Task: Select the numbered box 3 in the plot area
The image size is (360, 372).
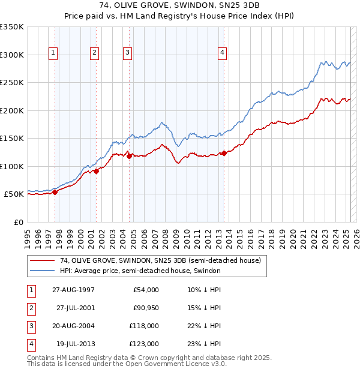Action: (x=128, y=53)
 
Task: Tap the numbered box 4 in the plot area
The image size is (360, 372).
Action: (x=222, y=53)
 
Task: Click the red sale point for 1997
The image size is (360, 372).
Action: (x=55, y=192)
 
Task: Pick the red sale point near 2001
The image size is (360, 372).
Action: (x=96, y=172)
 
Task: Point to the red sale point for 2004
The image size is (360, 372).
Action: (x=129, y=156)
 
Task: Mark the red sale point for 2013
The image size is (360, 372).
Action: (x=224, y=153)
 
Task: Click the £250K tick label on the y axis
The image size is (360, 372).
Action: (x=12, y=82)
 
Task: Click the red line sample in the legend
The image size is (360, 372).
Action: (x=42, y=261)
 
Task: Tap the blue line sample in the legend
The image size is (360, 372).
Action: (x=42, y=271)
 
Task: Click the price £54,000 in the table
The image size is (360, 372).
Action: (x=145, y=290)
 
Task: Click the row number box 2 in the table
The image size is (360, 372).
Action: (x=31, y=308)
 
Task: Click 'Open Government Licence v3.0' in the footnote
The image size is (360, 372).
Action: (x=170, y=364)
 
